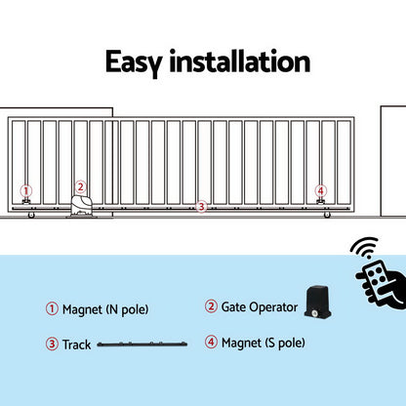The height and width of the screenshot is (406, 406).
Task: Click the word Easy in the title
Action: (x=138, y=62)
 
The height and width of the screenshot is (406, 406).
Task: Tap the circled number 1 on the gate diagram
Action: (x=26, y=191)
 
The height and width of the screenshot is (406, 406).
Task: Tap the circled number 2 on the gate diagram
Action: (x=80, y=186)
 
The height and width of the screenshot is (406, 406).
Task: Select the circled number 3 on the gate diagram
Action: (x=201, y=206)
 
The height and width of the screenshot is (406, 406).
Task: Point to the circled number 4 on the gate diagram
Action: (x=320, y=191)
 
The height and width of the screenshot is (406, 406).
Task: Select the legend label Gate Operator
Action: (x=259, y=306)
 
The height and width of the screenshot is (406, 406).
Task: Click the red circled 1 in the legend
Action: (x=52, y=309)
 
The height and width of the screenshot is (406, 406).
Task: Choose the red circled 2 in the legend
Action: (x=211, y=306)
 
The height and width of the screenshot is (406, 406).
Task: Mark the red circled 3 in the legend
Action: (x=52, y=345)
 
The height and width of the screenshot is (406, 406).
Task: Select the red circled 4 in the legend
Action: (x=211, y=342)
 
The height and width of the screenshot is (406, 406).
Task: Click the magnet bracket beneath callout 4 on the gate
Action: (x=320, y=203)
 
